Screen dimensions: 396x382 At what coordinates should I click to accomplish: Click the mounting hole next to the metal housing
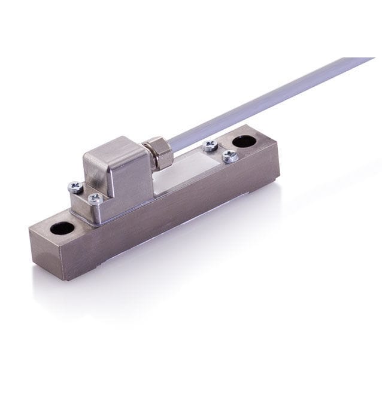pyautogui.click(x=62, y=227)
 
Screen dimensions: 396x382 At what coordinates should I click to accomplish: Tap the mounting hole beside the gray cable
pyautogui.click(x=244, y=142)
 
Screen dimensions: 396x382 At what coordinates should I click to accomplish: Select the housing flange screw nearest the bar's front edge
pyautogui.click(x=94, y=198)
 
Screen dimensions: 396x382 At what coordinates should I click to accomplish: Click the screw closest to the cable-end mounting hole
pyautogui.click(x=229, y=156)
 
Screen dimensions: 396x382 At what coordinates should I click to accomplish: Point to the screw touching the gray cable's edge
pyautogui.click(x=210, y=145)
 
